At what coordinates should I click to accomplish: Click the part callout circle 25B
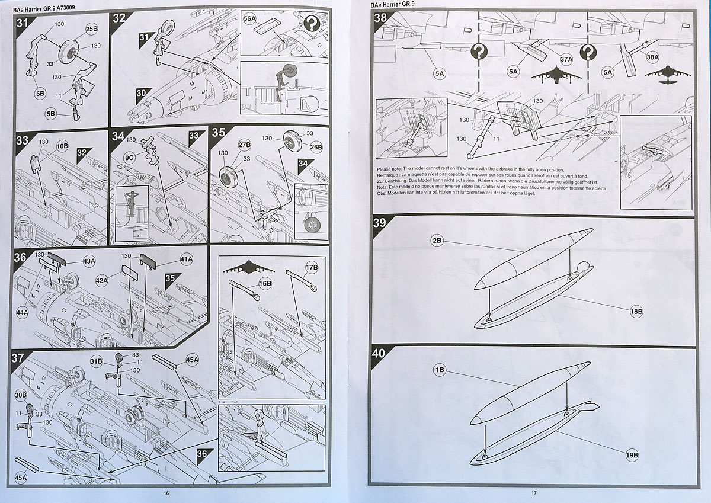coord(91,29)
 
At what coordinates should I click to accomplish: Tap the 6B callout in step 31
coord(40,93)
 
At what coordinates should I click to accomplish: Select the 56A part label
coord(250,19)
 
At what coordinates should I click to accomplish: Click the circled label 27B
coord(244,145)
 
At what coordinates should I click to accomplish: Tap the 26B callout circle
coord(316,147)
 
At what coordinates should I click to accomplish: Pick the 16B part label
coord(265,284)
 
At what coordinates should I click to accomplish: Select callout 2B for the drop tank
coord(437,241)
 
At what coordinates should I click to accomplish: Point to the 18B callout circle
coord(638,311)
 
